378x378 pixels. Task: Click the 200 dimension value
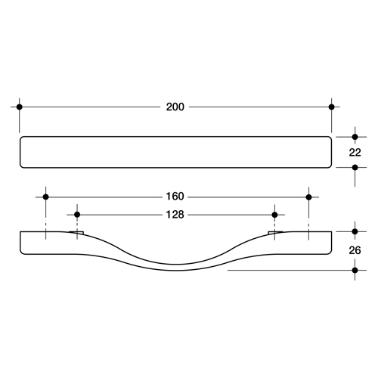click(x=175, y=107)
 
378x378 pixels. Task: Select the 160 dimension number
click(x=175, y=197)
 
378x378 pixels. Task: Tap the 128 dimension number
click(x=175, y=215)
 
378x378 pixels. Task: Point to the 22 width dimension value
click(x=355, y=153)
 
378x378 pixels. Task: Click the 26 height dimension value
click(x=355, y=250)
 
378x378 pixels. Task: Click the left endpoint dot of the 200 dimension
click(x=20, y=107)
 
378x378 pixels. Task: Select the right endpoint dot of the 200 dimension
click(x=332, y=107)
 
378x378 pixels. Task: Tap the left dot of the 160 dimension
click(x=45, y=197)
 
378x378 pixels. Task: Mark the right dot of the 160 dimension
click(x=309, y=197)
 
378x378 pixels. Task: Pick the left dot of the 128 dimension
click(x=77, y=215)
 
